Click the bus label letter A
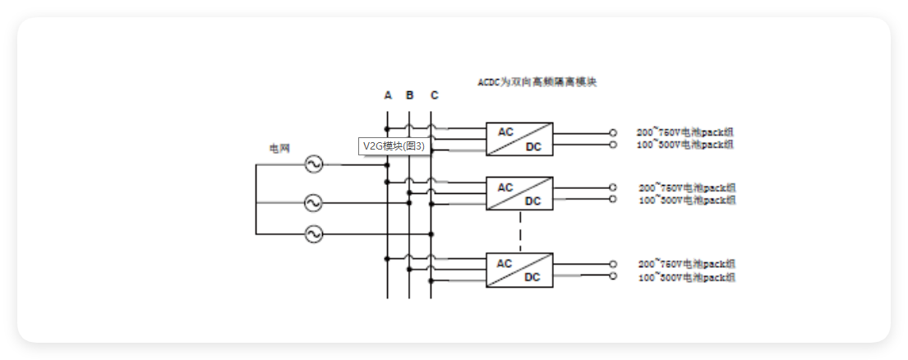click(388, 95)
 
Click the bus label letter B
click(410, 95)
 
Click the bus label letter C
click(434, 95)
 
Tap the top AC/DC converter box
click(519, 139)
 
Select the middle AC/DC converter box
click(519, 194)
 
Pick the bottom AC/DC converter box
click(519, 270)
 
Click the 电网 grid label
click(279, 149)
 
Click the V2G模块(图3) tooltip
click(394, 146)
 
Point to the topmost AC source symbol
click(313, 164)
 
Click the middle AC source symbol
click(313, 201)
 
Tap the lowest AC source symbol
click(313, 234)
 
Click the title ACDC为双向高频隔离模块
click(537, 83)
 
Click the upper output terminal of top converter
click(612, 132)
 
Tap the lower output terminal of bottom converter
click(612, 277)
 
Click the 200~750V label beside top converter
click(685, 132)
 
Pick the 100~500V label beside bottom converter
click(687, 278)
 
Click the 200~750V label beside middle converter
click(687, 187)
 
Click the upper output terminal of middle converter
click(612, 187)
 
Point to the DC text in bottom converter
click(532, 277)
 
